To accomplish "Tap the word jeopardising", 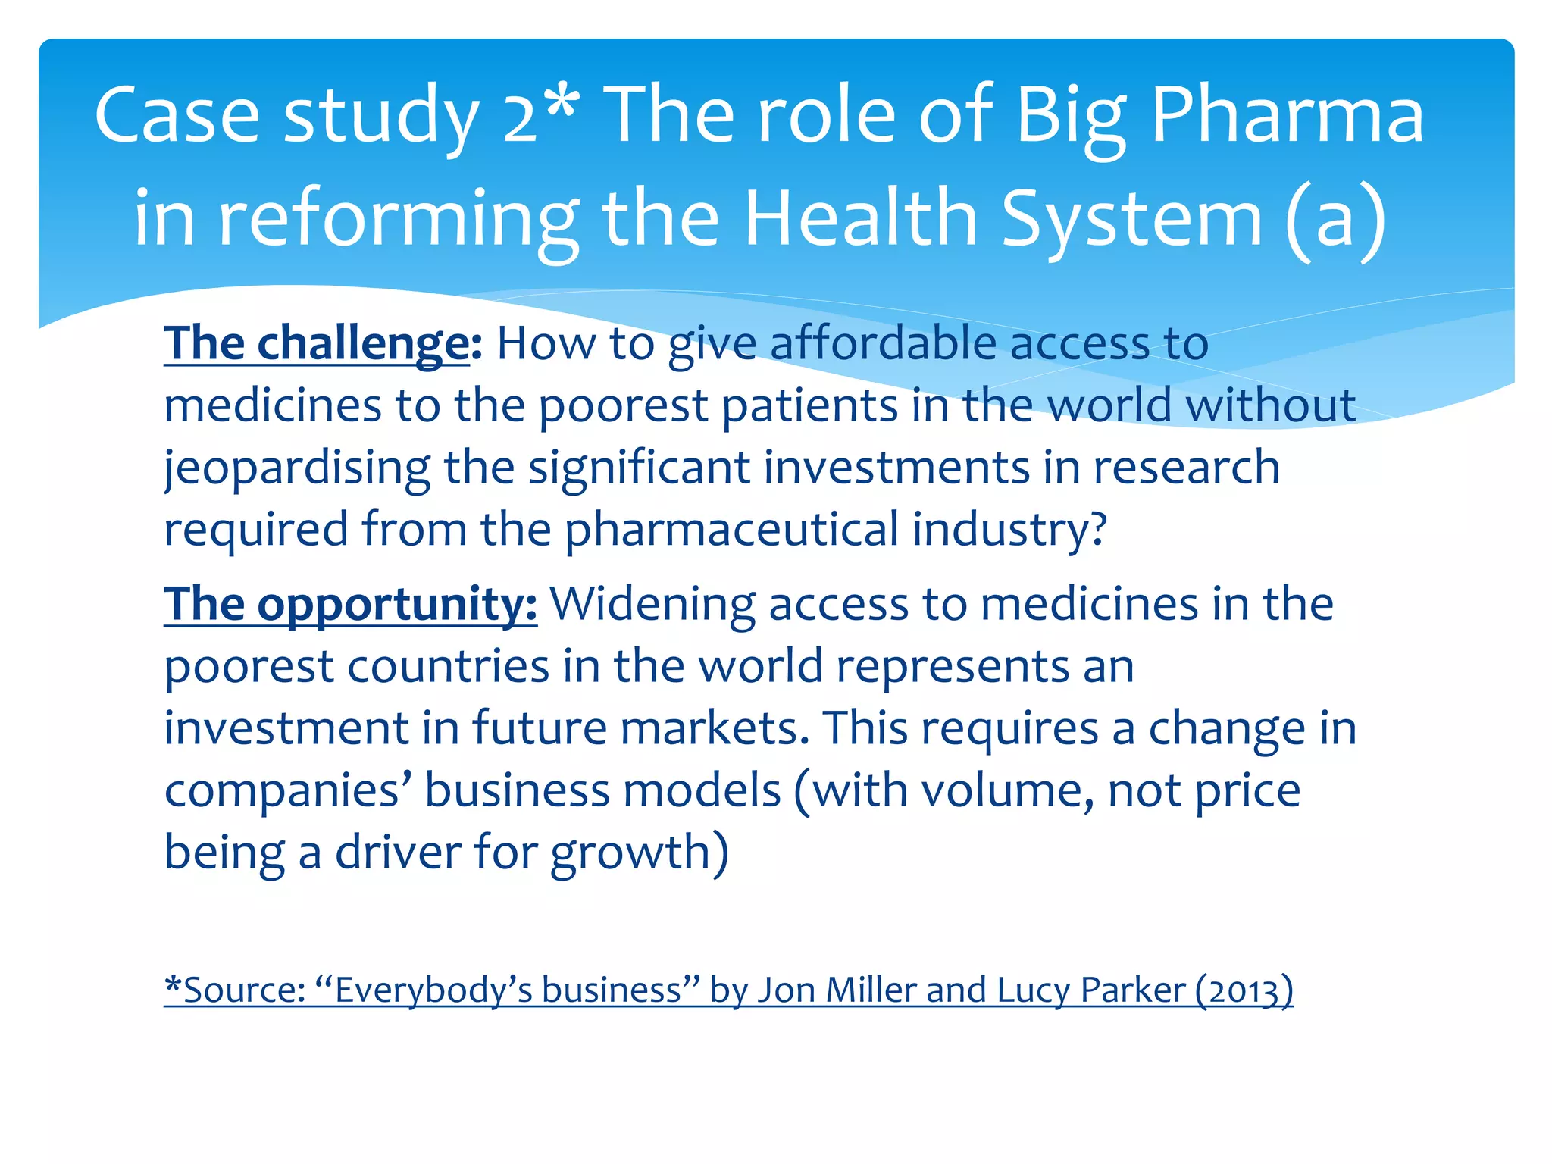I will click(x=297, y=468).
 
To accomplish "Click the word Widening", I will click(x=652, y=605).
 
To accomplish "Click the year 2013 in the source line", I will click(x=1243, y=990).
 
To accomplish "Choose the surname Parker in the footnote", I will click(x=1133, y=990).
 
